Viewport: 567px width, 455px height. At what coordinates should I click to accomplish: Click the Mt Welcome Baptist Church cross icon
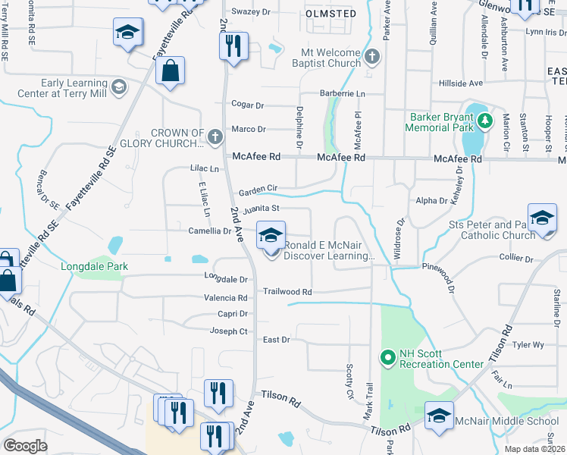(371, 57)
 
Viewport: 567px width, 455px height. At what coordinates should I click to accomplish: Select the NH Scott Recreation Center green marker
(388, 356)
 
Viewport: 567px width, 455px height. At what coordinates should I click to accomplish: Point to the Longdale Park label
(95, 266)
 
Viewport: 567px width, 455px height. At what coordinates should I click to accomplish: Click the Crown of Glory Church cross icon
(215, 137)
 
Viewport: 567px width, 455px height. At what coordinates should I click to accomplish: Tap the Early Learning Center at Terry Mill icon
(118, 88)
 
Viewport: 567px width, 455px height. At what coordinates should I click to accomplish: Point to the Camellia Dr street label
(209, 231)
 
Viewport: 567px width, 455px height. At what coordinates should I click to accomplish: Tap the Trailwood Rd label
(287, 291)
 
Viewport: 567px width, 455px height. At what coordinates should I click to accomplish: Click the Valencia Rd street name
(225, 299)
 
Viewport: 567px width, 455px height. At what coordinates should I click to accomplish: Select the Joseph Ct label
(228, 331)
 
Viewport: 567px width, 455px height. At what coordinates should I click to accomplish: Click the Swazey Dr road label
(251, 12)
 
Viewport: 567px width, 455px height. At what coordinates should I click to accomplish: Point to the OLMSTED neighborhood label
(330, 14)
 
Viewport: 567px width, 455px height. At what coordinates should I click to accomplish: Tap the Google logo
(25, 446)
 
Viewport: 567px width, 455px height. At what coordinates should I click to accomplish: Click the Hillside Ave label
(461, 83)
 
